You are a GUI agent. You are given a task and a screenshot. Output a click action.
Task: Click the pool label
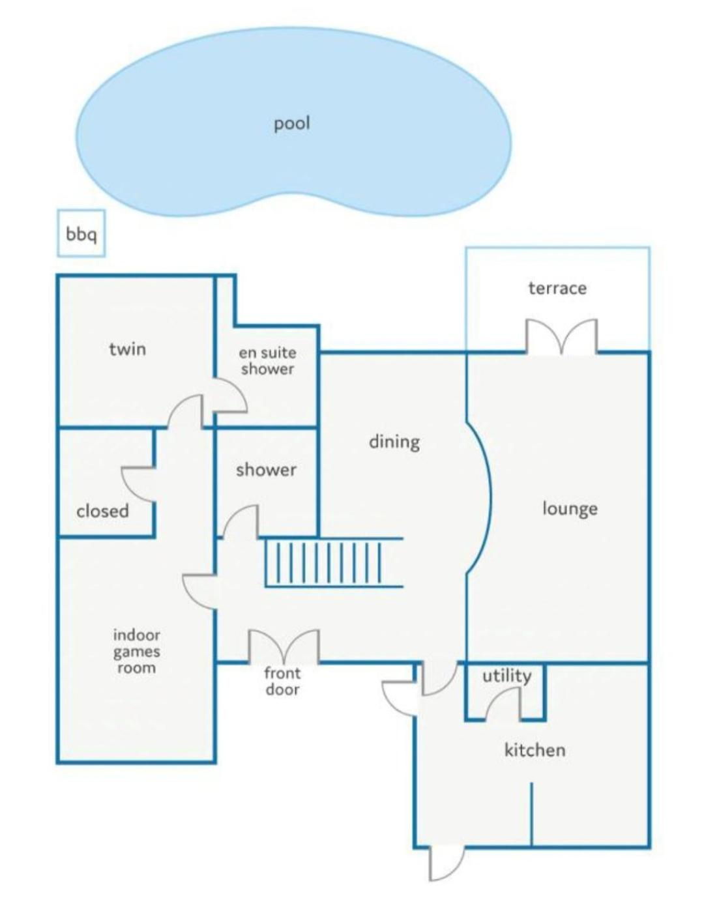[x=292, y=124]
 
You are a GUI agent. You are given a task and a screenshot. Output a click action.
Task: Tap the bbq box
[x=81, y=233]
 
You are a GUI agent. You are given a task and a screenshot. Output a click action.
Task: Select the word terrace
[x=557, y=289]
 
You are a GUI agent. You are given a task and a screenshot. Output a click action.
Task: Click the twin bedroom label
[x=128, y=349]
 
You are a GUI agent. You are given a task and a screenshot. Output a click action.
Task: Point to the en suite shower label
[x=267, y=361]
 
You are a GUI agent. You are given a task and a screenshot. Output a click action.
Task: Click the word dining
[x=394, y=442]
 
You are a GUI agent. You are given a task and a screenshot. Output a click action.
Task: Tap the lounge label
[x=570, y=509]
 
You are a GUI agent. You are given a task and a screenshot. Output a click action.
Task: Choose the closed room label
[x=102, y=511]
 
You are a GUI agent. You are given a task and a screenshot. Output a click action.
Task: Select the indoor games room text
[x=136, y=651]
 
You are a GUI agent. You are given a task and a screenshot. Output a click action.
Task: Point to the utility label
[x=506, y=676]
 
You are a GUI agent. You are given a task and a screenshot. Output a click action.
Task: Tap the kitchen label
[x=535, y=750]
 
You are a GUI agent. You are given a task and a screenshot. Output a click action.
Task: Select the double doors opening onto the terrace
[x=562, y=337]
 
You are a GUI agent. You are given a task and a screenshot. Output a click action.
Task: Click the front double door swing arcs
[x=284, y=647]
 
